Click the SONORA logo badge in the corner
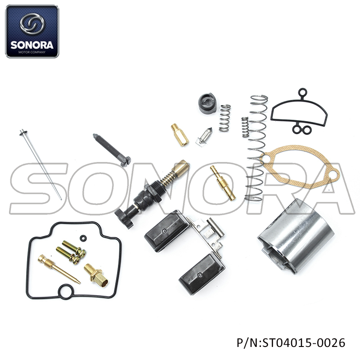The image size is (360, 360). click(x=32, y=31)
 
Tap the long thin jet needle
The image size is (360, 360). click(x=40, y=164)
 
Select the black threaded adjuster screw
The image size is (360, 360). click(x=112, y=149)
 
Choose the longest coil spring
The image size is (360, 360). click(x=256, y=148)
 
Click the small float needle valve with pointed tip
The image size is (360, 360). click(x=204, y=136)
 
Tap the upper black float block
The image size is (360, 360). click(x=167, y=230)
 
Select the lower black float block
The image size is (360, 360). click(x=202, y=273)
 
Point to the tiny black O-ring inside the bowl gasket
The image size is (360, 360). click(x=82, y=238)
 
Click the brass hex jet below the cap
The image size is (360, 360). click(x=180, y=135)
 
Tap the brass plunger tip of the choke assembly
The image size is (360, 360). click(x=182, y=166)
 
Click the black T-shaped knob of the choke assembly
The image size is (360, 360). click(x=124, y=217)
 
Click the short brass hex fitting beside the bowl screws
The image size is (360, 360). click(x=96, y=275)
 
